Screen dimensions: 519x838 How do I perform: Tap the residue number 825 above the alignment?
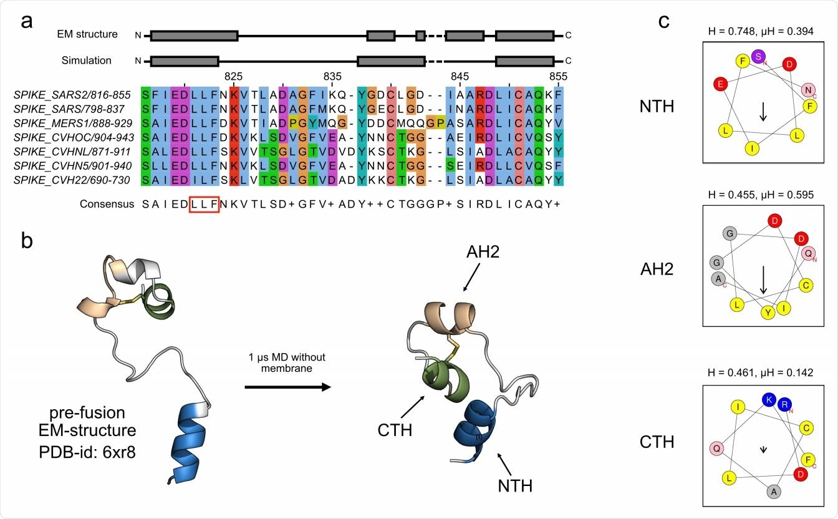pos(233,76)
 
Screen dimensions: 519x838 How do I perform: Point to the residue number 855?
pos(558,76)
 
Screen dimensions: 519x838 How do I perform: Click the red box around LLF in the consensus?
pos(205,204)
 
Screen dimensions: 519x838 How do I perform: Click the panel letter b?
pos(27,242)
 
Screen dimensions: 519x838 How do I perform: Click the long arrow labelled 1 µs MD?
pos(287,387)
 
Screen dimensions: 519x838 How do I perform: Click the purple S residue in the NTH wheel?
pos(758,56)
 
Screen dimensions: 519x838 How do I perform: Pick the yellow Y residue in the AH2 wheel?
pos(768,312)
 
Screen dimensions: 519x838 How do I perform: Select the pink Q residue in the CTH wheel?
pos(717,449)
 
